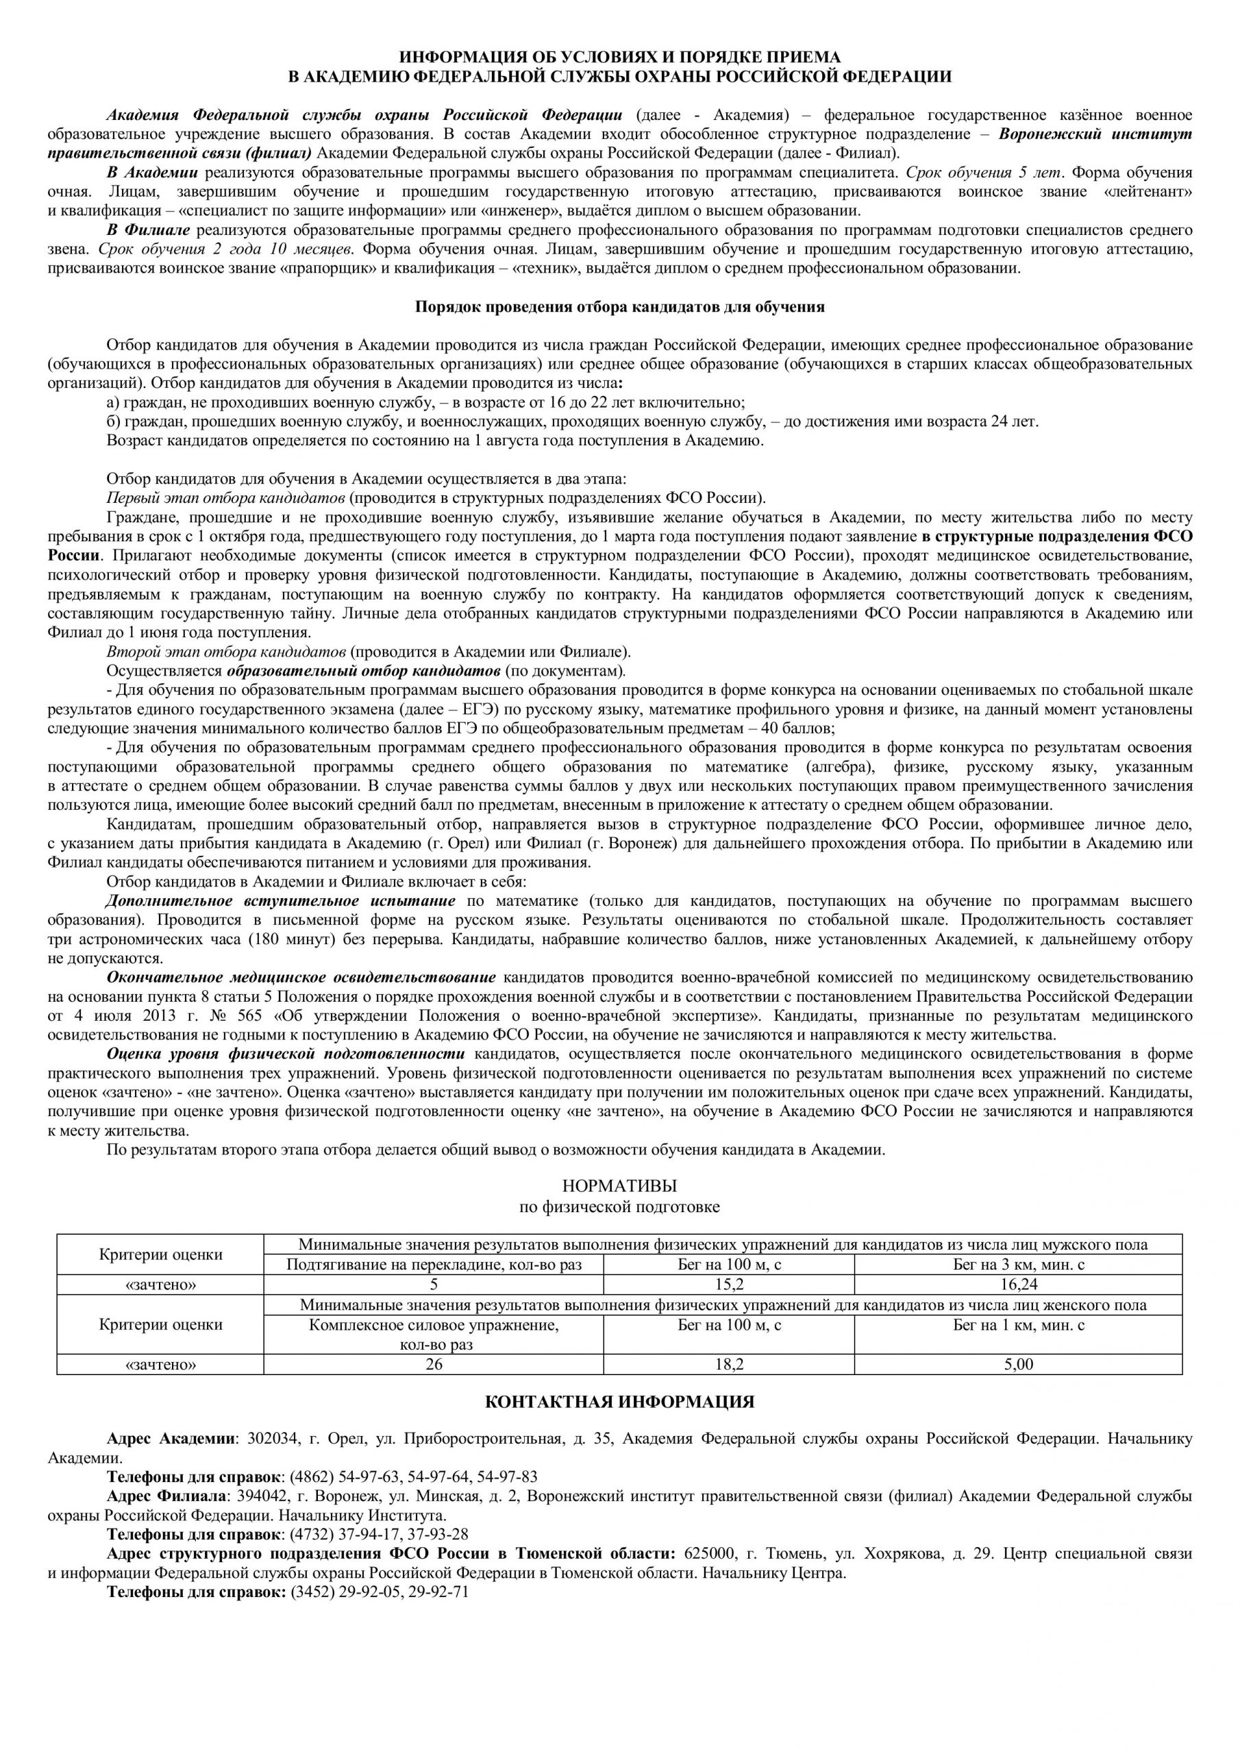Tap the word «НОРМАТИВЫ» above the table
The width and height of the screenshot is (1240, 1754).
tap(619, 1187)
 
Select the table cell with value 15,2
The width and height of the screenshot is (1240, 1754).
tap(729, 1284)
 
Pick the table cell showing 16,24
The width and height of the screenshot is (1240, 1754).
tap(1019, 1284)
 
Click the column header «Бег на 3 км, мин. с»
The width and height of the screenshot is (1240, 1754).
tap(1019, 1264)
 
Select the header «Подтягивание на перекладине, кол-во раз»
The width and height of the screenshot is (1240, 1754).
tap(433, 1264)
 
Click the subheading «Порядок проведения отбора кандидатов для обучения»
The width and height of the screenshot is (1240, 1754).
tap(619, 307)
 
